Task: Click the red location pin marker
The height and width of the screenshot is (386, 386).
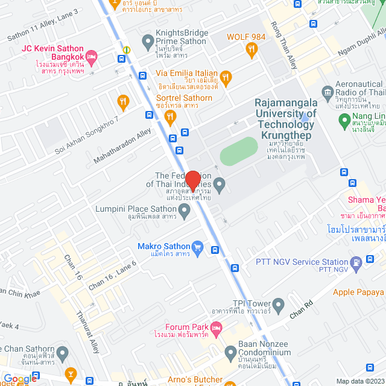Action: [x=193, y=181]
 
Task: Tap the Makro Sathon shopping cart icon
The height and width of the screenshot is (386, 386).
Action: [x=197, y=246]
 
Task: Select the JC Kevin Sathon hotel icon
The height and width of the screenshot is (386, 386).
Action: [x=92, y=58]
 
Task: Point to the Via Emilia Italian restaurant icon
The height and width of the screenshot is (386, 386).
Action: [x=226, y=77]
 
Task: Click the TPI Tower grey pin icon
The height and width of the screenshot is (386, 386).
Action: [x=278, y=306]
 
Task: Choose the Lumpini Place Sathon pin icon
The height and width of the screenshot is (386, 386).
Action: [x=185, y=210]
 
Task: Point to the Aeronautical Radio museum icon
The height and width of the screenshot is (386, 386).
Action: [x=327, y=92]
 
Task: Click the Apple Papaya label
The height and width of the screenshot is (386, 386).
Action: [x=359, y=293]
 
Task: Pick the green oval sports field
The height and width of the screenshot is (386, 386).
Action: [x=239, y=151]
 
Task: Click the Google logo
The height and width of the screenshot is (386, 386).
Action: [x=19, y=379]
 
